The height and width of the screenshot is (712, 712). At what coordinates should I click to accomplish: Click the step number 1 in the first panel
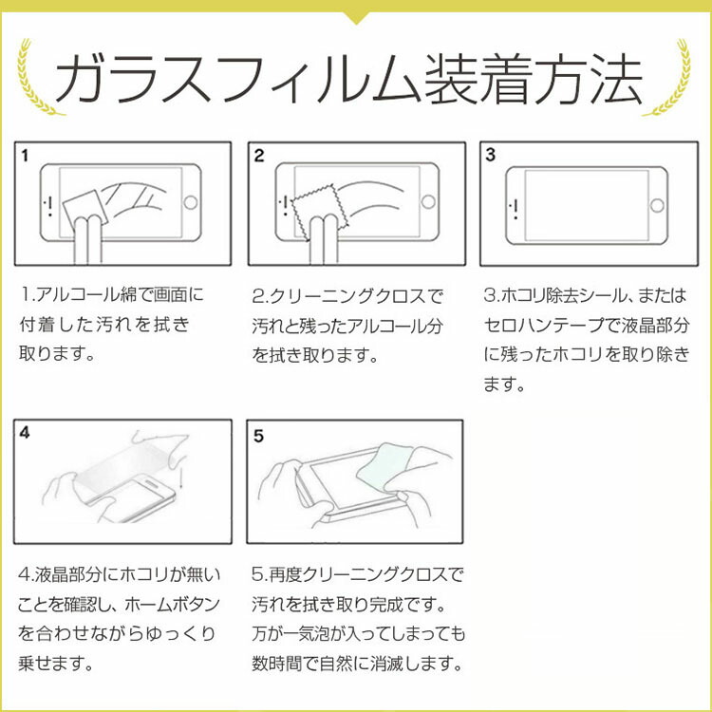pos(25,156)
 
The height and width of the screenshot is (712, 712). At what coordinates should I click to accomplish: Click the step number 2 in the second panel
pos(259,156)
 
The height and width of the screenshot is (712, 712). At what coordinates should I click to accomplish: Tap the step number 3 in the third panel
pos(490,155)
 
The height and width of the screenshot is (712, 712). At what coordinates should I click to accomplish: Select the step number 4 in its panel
pos(25,432)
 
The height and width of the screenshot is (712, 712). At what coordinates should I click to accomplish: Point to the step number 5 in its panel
pos(258,436)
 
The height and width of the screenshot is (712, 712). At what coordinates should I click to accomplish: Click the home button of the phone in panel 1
pos(190,202)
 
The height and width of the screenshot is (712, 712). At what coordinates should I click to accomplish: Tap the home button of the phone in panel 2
pos(428,201)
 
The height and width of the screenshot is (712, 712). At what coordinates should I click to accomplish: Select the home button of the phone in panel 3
pos(657,205)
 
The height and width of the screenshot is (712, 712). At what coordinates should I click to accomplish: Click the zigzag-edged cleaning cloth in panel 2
pos(318,208)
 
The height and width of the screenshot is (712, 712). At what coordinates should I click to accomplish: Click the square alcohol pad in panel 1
pos(85,208)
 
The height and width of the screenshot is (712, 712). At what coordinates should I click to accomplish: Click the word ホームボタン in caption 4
pos(172,605)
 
